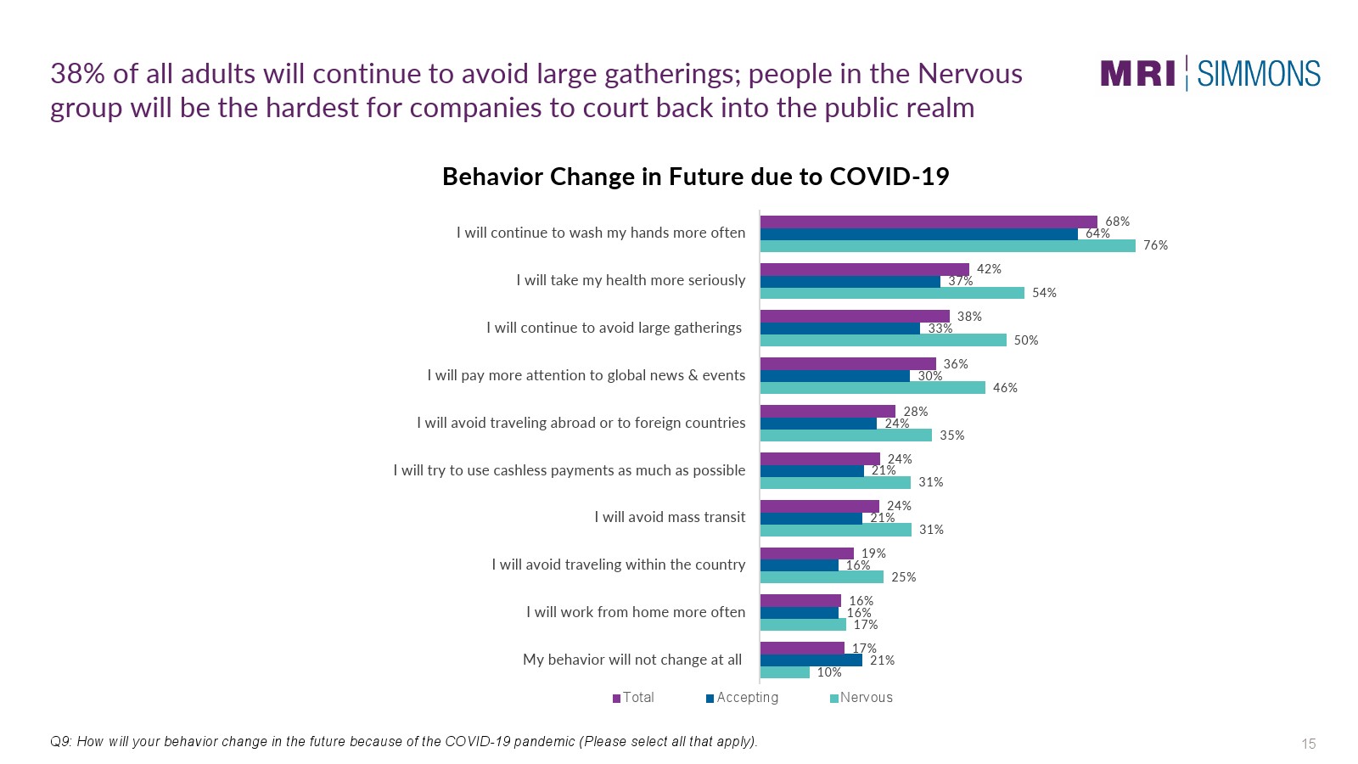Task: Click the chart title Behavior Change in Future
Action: pos(695,177)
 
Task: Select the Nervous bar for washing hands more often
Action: pos(947,246)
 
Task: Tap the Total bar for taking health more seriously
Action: pos(864,270)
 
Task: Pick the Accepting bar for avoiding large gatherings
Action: pos(839,329)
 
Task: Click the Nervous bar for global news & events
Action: pos(873,388)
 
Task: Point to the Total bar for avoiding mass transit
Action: pos(819,507)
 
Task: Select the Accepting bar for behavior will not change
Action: pos(811,660)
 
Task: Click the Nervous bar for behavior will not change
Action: pos(784,672)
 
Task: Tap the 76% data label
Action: pos(1155,245)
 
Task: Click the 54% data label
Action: pos(1044,293)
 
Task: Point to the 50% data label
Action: pos(1025,340)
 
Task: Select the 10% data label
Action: pos(829,672)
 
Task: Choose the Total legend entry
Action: pos(634,698)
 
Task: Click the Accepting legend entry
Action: pos(743,698)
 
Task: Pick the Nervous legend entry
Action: pos(861,698)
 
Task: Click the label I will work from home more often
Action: pos(635,612)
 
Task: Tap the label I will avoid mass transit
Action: pos(670,517)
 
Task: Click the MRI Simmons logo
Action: pos(1210,74)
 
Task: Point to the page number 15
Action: pos(1308,744)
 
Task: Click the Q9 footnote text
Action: pos(404,742)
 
